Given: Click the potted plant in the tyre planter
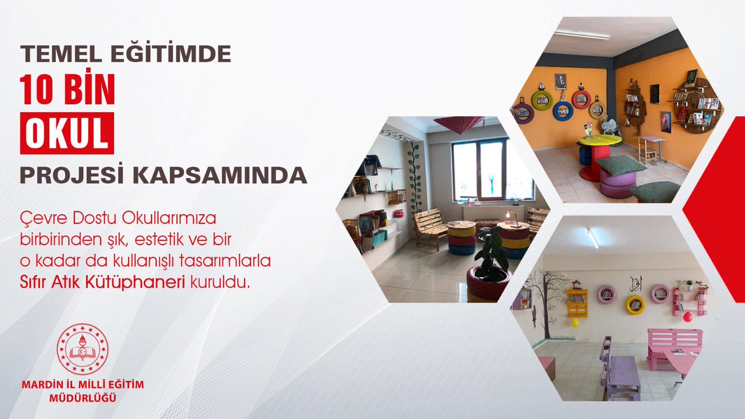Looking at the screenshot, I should (492, 255).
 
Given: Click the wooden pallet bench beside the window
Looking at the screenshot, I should (430, 227).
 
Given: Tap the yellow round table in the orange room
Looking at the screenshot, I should (598, 140).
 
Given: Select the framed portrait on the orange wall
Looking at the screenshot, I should (561, 81).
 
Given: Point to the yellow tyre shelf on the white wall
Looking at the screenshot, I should (634, 304).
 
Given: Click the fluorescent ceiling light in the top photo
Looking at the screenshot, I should (582, 34).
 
